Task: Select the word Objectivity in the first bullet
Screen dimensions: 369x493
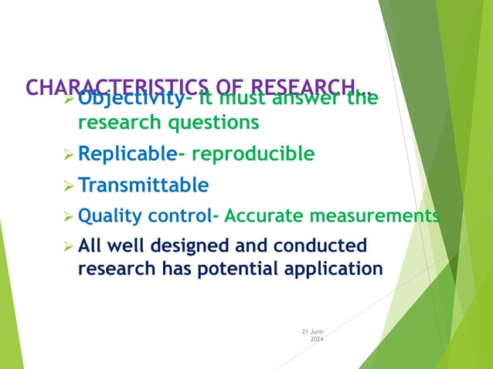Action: (x=131, y=100)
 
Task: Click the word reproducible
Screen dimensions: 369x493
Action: (x=253, y=154)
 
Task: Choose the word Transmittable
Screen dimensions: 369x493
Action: (x=143, y=185)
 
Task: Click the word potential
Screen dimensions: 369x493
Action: (x=252, y=269)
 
